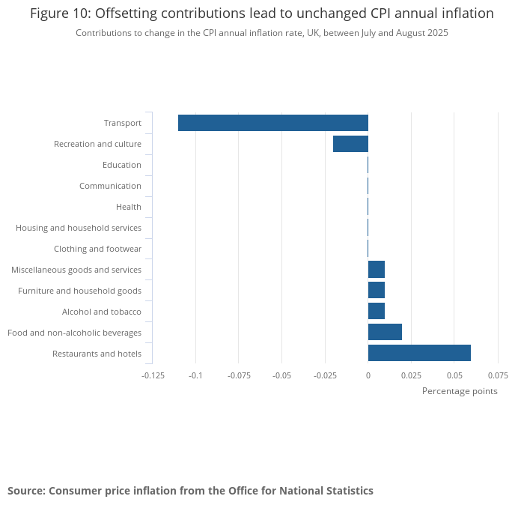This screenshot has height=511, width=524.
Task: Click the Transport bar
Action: point(273,123)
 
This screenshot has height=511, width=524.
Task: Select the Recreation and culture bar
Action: point(350,144)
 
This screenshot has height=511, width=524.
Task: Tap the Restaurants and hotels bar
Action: point(419,353)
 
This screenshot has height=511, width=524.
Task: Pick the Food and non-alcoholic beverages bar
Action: point(385,332)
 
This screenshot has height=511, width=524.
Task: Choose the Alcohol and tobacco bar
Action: point(377,311)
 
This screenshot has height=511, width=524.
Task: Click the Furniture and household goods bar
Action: point(377,290)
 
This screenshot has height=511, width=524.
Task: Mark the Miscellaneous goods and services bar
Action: point(377,269)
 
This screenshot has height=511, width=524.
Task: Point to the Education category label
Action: point(122,165)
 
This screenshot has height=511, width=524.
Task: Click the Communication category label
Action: point(110,186)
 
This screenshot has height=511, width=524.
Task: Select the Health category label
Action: point(129,207)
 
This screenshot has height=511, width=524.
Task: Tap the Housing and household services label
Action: point(79,228)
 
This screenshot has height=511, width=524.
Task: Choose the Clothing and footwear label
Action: point(97,249)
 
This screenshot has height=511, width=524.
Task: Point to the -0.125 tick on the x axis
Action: point(153,375)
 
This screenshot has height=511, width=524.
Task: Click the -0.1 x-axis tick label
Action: point(195,375)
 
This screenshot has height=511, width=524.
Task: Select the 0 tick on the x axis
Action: point(368,375)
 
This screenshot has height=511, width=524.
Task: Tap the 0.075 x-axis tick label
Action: point(498,375)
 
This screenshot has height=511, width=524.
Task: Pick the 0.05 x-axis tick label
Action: point(454,375)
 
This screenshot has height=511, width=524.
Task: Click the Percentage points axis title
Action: point(460,391)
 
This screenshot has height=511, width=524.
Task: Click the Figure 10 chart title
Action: point(262,13)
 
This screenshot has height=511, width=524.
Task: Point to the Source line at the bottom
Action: point(190,491)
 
